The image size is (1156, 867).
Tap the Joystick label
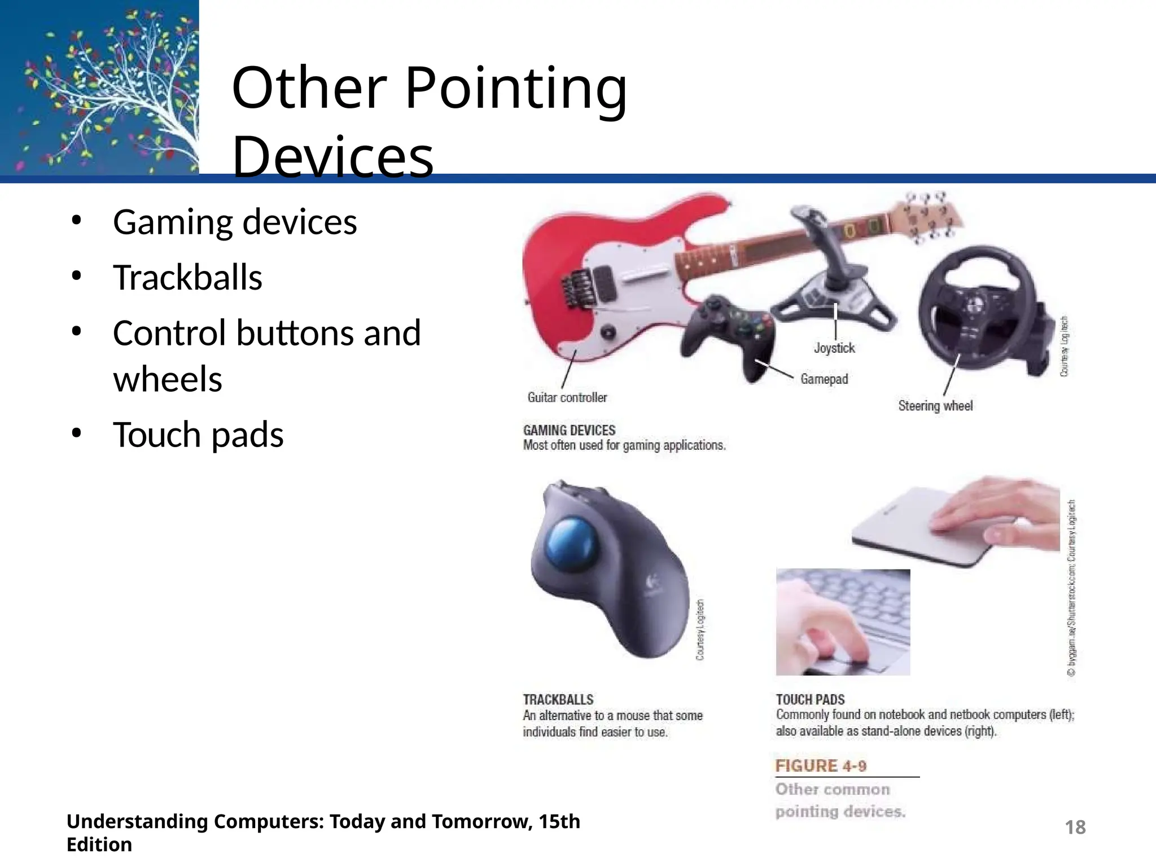tap(834, 348)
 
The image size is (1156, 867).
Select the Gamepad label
tap(824, 379)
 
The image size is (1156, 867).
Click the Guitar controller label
tap(567, 398)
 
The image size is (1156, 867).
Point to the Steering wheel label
tap(935, 406)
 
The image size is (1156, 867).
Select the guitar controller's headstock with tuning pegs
tap(926, 217)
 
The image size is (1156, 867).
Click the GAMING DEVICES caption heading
tap(569, 430)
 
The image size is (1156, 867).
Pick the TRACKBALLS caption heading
tap(558, 700)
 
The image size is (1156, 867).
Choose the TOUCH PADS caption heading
tap(810, 700)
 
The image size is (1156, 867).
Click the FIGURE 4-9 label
tap(821, 766)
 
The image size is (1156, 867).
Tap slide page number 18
tap(1075, 827)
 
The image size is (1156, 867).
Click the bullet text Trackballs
tap(187, 278)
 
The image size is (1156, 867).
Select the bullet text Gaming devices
tap(235, 222)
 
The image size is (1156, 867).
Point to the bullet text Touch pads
tap(198, 435)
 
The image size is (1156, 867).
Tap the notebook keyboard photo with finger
tap(843, 622)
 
